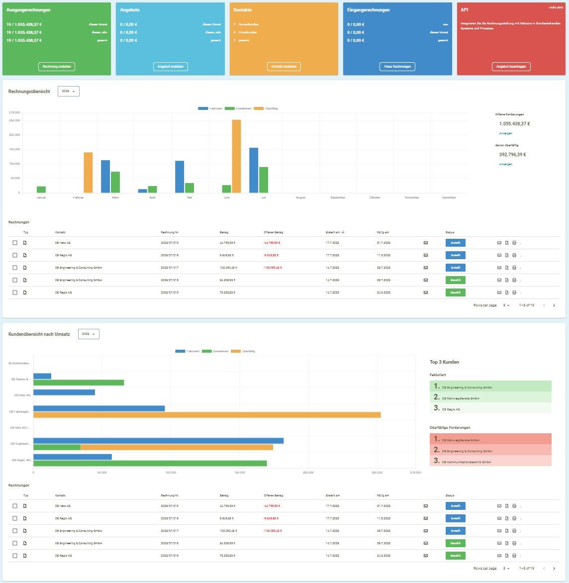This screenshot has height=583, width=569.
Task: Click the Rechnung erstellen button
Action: (x=57, y=66)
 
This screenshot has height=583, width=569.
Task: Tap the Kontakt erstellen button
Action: (x=284, y=66)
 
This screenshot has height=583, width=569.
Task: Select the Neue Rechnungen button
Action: (x=397, y=66)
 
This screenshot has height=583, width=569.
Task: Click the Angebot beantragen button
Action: (x=511, y=66)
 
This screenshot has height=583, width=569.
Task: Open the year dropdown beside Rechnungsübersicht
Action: (x=69, y=92)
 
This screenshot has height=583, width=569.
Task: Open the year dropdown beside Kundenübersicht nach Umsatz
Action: (x=89, y=334)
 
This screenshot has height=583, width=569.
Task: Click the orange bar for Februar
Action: (x=88, y=172)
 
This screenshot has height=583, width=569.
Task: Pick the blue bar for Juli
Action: (x=254, y=170)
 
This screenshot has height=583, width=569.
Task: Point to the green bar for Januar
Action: (x=41, y=190)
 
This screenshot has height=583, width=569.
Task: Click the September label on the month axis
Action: (x=338, y=197)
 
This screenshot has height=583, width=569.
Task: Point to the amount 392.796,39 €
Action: (x=512, y=155)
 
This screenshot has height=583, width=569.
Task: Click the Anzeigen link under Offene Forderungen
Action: (x=505, y=133)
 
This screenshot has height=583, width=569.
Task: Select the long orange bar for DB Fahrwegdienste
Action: (x=207, y=415)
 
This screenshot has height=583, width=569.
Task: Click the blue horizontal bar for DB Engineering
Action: (x=158, y=441)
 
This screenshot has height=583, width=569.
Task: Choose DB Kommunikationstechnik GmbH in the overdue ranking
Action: (x=466, y=462)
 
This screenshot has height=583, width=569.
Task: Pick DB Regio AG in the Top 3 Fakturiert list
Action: (x=451, y=409)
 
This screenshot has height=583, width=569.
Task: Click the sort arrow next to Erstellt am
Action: (x=343, y=232)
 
